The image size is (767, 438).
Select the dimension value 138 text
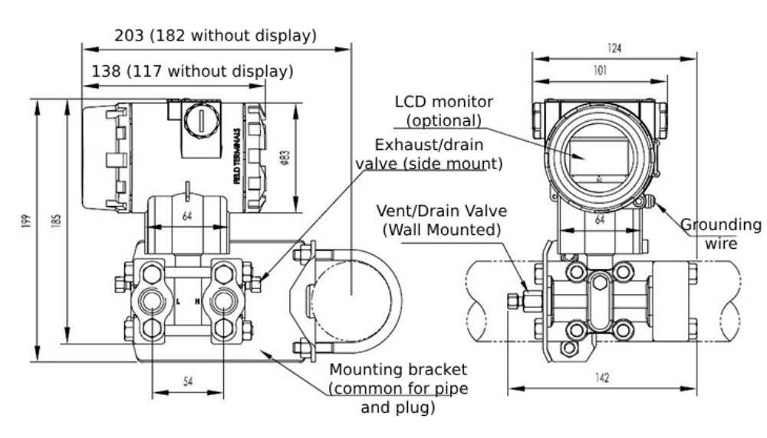coord(106,71)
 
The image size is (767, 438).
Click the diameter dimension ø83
coord(285,156)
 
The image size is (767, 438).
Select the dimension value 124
coord(614,48)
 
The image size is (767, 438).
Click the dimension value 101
coord(599,70)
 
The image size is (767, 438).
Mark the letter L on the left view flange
coord(178,302)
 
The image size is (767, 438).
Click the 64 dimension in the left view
coord(186,217)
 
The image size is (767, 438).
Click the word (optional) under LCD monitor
coord(443,120)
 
